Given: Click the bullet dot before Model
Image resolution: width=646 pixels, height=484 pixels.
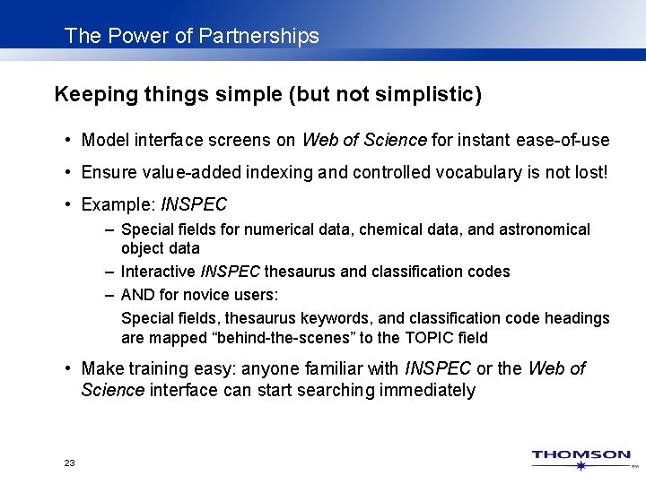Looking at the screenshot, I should point(68,141).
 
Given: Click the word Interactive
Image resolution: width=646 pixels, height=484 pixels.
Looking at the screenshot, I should point(158,271).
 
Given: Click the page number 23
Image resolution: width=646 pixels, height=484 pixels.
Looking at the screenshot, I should point(70,462).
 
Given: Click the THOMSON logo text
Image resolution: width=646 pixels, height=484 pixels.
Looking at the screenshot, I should point(581,455).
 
